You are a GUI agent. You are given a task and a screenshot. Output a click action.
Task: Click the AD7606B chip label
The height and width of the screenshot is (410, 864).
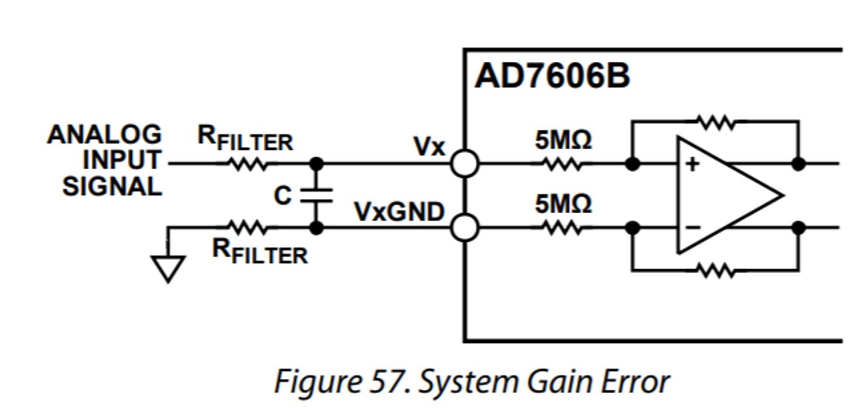[x=552, y=76]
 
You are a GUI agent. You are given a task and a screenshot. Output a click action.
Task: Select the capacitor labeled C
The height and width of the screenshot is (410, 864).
[x=316, y=196]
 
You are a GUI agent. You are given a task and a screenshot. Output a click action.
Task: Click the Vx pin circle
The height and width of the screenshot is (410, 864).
[x=465, y=164]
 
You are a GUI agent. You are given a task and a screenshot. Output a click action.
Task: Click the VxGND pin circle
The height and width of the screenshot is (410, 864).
[x=465, y=227]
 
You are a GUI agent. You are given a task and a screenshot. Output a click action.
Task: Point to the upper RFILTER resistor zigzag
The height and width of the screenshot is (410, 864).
[x=248, y=164]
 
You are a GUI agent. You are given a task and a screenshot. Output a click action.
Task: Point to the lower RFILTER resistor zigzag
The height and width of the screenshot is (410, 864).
[x=248, y=227]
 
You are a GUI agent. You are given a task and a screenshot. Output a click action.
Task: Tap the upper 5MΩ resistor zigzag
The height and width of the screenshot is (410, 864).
[x=563, y=164]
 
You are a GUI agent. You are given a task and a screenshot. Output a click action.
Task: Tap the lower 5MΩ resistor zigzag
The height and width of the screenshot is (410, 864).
[x=563, y=227]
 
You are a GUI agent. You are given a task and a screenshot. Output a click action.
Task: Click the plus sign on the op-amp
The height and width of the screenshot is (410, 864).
[x=692, y=164]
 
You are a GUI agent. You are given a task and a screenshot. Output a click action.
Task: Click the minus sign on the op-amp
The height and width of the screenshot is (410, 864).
[x=693, y=227]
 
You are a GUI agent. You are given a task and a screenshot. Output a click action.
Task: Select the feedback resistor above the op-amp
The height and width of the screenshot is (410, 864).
[x=717, y=122]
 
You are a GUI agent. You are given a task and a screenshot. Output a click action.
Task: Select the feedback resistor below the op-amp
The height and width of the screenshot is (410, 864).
[x=717, y=271]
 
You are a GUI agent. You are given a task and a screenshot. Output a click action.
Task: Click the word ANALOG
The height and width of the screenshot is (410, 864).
[x=104, y=134]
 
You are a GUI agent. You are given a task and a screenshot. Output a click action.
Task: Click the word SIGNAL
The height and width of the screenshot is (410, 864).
[x=112, y=187]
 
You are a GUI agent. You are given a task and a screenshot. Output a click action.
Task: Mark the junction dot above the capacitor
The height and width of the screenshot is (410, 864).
[x=316, y=164]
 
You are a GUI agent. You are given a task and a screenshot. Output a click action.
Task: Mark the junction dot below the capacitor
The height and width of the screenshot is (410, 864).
[x=316, y=227]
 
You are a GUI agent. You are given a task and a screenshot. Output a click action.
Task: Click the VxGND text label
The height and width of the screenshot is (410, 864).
[x=399, y=212]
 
